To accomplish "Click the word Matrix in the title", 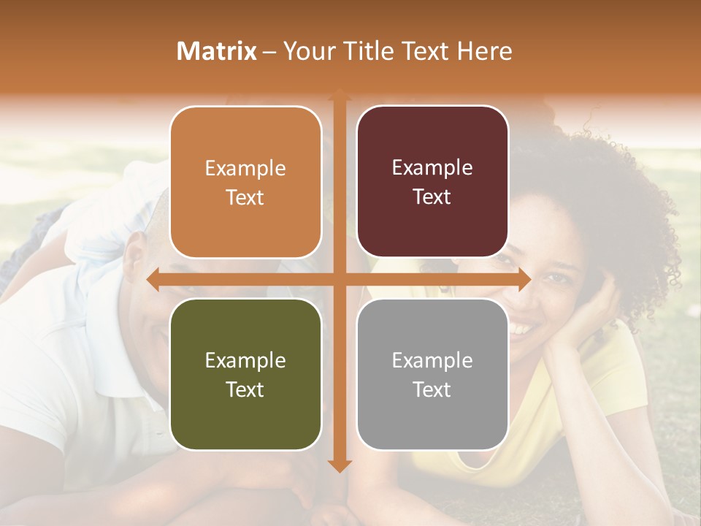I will (x=217, y=51).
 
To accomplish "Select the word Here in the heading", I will (x=484, y=51).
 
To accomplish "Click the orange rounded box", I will (x=245, y=182).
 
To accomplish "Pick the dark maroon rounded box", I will (x=432, y=182).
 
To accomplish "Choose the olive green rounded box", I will (x=245, y=374).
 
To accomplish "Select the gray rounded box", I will (x=432, y=374).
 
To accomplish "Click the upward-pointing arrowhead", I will (x=339, y=96).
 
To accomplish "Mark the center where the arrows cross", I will (x=339, y=280).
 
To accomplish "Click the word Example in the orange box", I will (x=245, y=168).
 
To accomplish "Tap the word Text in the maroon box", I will (x=432, y=197).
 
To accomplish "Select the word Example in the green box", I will (x=245, y=360).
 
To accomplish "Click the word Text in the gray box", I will (x=432, y=389).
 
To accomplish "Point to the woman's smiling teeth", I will (x=521, y=329).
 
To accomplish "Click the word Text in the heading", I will (x=426, y=51).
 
